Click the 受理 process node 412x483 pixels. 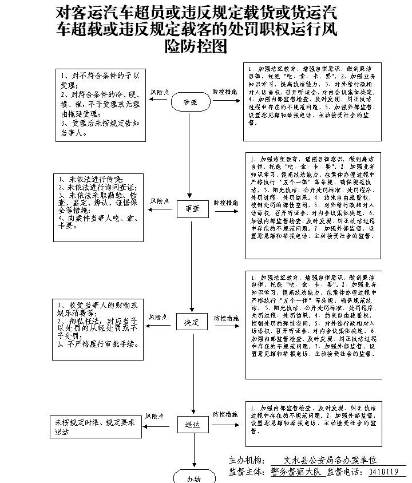[190, 102]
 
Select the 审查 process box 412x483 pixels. [192, 209]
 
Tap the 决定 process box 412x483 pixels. [192, 323]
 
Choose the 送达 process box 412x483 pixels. [192, 425]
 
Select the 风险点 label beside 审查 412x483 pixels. [160, 201]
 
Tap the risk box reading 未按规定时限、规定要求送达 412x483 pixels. [95, 427]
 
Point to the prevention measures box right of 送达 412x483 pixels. [312, 424]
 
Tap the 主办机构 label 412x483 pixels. [247, 460]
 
